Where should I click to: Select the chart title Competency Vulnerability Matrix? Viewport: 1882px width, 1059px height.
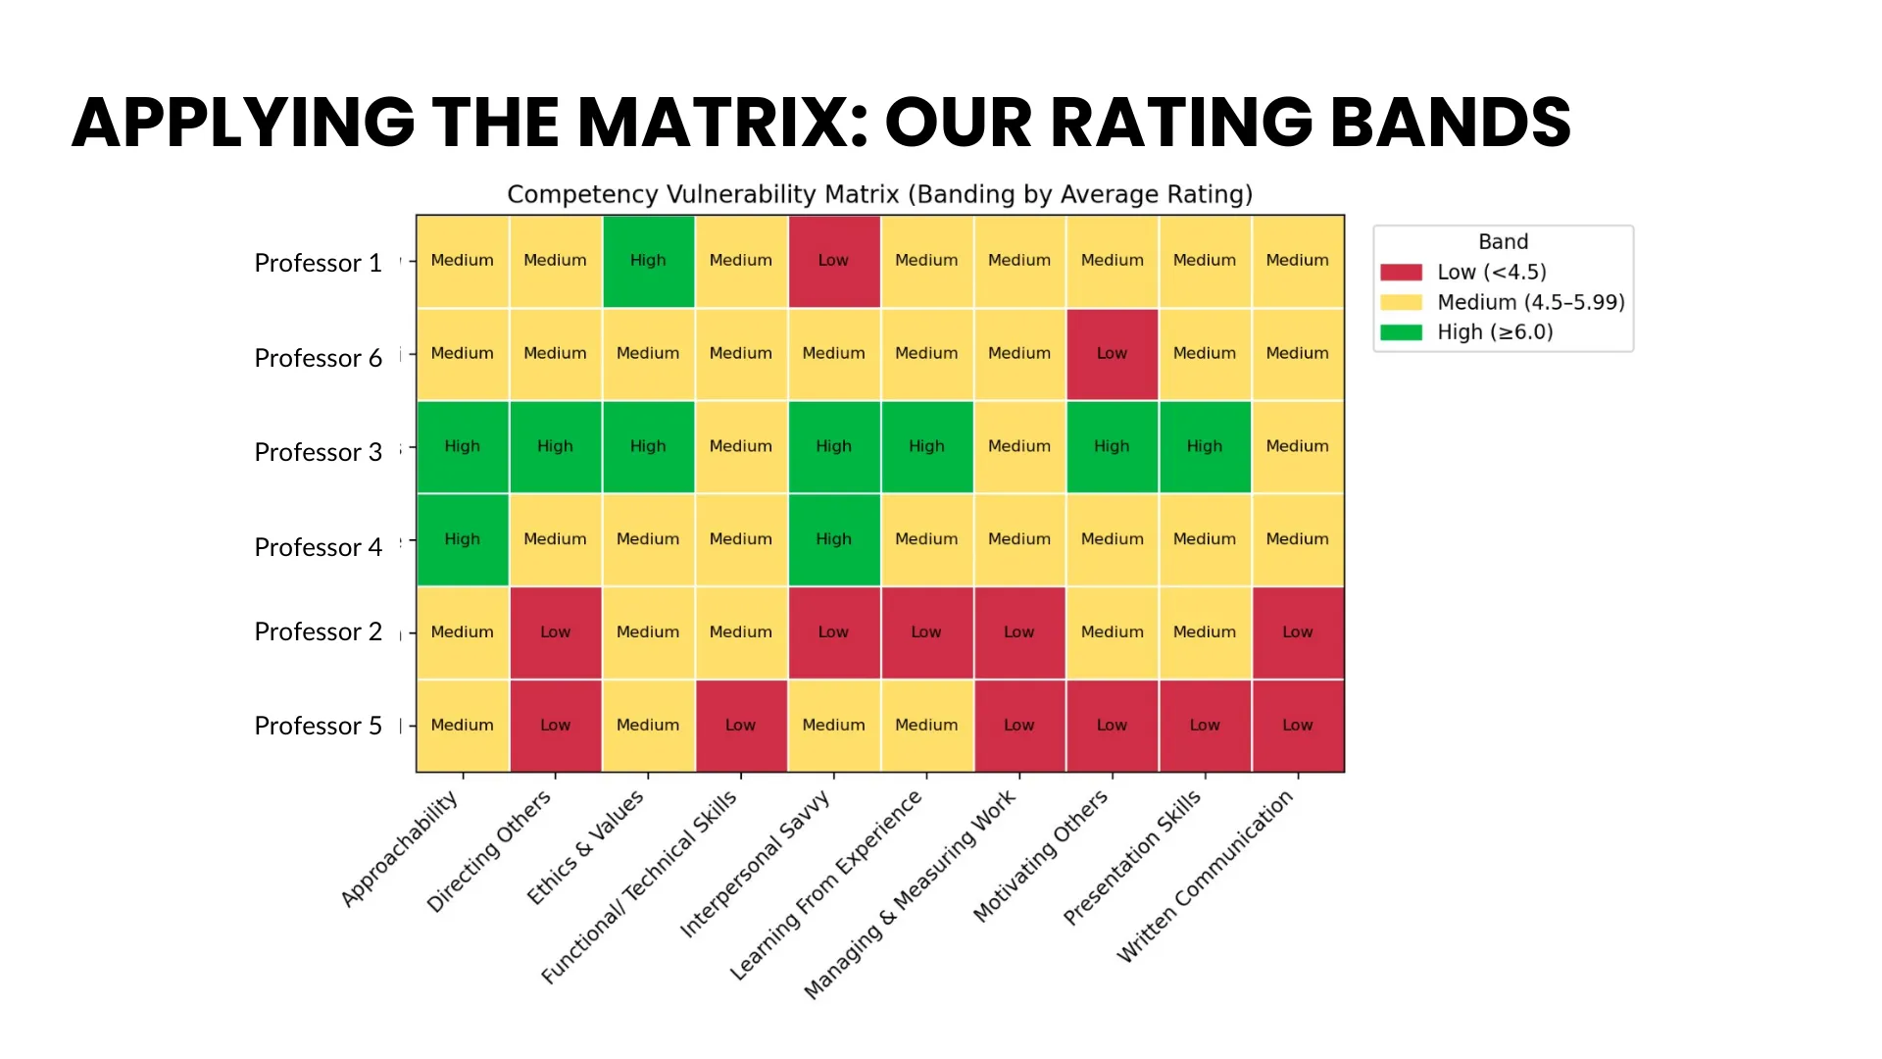point(879,194)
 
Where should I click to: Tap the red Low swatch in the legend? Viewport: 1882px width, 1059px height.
point(1401,273)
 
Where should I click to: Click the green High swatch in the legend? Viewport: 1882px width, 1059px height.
point(1401,332)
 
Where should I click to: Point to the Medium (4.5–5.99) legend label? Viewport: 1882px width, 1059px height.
point(1530,302)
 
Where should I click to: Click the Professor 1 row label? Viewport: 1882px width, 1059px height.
point(318,263)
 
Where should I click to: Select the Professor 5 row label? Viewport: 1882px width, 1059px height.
point(318,726)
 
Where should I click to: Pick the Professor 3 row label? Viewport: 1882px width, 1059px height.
point(318,452)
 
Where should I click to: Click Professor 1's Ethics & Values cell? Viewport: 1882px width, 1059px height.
point(648,261)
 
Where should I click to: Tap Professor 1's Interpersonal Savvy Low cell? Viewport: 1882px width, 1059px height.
point(833,261)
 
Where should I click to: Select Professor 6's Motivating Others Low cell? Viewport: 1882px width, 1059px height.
point(1112,354)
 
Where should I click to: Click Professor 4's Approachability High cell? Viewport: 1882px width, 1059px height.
point(462,539)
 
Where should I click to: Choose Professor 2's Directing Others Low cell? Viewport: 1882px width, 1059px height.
point(555,632)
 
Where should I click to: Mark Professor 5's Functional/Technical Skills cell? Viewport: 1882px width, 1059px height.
point(740,726)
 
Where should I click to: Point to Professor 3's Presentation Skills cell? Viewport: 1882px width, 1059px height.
point(1205,446)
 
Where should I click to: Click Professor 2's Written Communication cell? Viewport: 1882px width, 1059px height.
point(1297,632)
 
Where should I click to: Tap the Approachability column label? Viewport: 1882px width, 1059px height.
point(399,849)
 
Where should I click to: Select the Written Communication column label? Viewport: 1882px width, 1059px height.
point(1206,877)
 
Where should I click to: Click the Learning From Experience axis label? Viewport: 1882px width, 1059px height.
point(826,884)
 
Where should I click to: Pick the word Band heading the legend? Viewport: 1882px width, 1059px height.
point(1503,242)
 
